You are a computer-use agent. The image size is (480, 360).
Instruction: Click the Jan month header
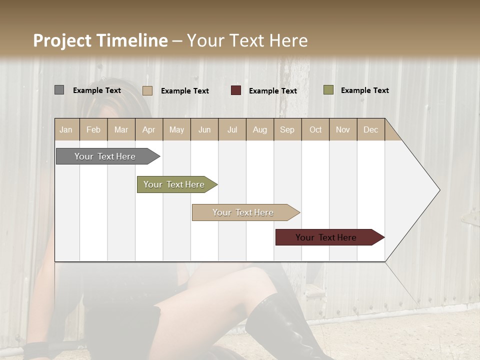coord(66,129)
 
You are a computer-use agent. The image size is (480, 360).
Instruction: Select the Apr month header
coord(148,129)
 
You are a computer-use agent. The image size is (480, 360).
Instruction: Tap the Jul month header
coord(232,129)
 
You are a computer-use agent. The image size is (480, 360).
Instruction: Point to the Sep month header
coord(287,129)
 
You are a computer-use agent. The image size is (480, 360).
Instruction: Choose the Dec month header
coord(370,129)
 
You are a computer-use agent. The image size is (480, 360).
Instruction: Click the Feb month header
coord(93,129)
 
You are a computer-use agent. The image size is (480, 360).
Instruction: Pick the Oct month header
coord(315,129)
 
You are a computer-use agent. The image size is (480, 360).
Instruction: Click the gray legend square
coord(59,90)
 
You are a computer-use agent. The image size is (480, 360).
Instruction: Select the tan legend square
coord(147,90)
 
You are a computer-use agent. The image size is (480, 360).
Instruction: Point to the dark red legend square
coord(236,90)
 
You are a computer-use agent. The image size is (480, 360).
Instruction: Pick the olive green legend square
coord(328,90)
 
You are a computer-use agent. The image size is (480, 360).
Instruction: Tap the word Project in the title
coord(62,40)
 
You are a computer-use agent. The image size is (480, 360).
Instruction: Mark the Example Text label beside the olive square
coord(365,90)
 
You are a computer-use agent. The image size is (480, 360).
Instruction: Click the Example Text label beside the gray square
coord(97,90)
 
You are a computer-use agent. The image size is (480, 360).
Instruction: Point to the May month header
coord(176,129)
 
